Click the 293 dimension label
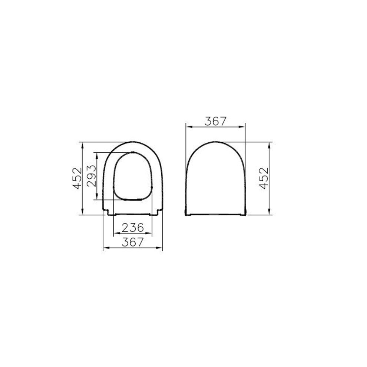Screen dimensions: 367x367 91,176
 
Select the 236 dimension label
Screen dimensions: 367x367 133,228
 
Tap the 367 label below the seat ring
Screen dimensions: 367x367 133,242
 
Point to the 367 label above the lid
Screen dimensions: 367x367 215,121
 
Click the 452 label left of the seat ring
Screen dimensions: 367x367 77,178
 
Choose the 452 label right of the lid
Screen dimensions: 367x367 264,178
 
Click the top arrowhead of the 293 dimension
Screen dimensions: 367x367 97,155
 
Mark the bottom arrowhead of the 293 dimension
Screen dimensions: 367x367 97,197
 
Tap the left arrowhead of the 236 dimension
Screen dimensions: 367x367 116,233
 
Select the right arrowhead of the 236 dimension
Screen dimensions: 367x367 149,233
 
